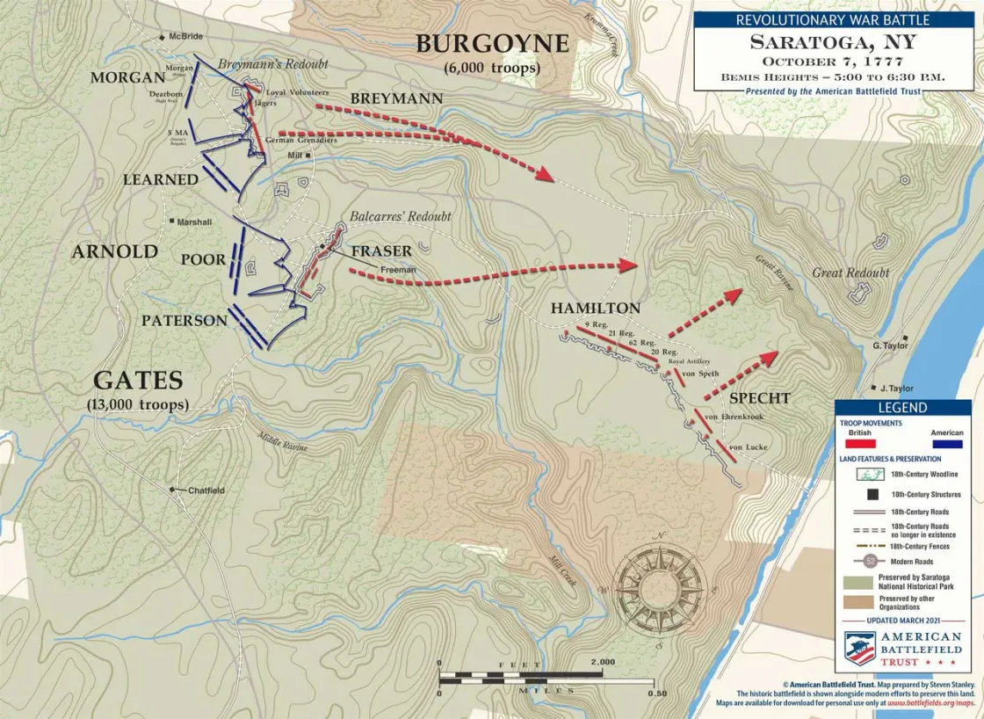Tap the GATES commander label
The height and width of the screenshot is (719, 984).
pos(138,381)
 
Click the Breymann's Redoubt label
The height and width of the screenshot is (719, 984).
pos(272,64)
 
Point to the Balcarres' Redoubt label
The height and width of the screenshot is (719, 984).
pos(400,216)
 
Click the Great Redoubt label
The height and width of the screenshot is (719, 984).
pos(850,273)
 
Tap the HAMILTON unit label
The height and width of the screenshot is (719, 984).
pos(595,309)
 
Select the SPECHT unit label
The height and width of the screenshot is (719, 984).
pos(759,398)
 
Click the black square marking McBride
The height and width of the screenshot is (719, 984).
pos(163,37)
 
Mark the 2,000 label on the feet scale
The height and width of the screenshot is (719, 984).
pos(603,662)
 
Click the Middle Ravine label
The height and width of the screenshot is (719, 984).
pos(282,442)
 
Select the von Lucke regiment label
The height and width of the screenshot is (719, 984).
pos(749,447)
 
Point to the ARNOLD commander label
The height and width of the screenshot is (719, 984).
pos(114,251)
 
